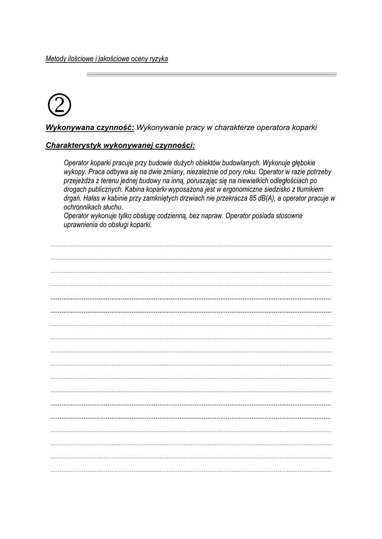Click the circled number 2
[x=59, y=105]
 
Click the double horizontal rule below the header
[x=211, y=75]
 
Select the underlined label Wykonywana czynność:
[x=90, y=127]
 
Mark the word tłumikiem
[x=308, y=189]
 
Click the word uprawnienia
[x=80, y=224]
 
